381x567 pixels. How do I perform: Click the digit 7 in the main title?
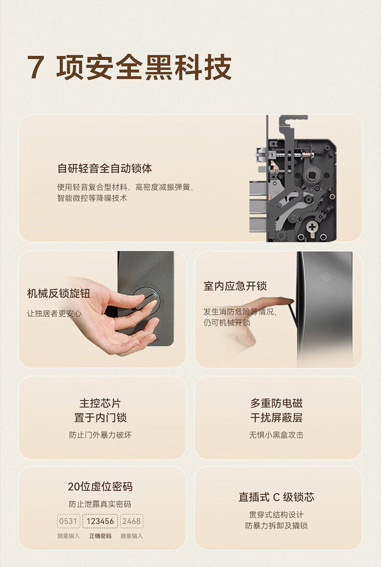[35, 67]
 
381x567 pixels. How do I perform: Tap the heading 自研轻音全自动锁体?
[105, 168]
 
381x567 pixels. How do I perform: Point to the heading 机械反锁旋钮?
[58, 293]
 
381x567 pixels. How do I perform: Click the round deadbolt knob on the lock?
[146, 300]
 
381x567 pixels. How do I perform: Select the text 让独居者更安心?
[54, 314]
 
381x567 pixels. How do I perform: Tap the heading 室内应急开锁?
[235, 286]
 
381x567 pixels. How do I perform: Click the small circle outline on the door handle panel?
[326, 277]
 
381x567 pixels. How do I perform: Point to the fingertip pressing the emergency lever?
[287, 301]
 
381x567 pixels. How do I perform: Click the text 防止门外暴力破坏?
[100, 435]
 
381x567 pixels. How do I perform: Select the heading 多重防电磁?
[276, 403]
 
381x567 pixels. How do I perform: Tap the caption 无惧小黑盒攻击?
[276, 435]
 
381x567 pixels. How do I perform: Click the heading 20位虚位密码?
[100, 487]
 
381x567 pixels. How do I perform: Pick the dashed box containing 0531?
[68, 521]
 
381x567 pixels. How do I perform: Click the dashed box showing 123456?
[100, 521]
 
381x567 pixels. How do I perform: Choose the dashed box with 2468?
[132, 521]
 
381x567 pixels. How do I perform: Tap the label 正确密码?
[100, 536]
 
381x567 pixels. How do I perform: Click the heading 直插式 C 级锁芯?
[276, 497]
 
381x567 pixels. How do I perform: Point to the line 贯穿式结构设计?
[276, 514]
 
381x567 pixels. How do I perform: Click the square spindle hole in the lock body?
[311, 176]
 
